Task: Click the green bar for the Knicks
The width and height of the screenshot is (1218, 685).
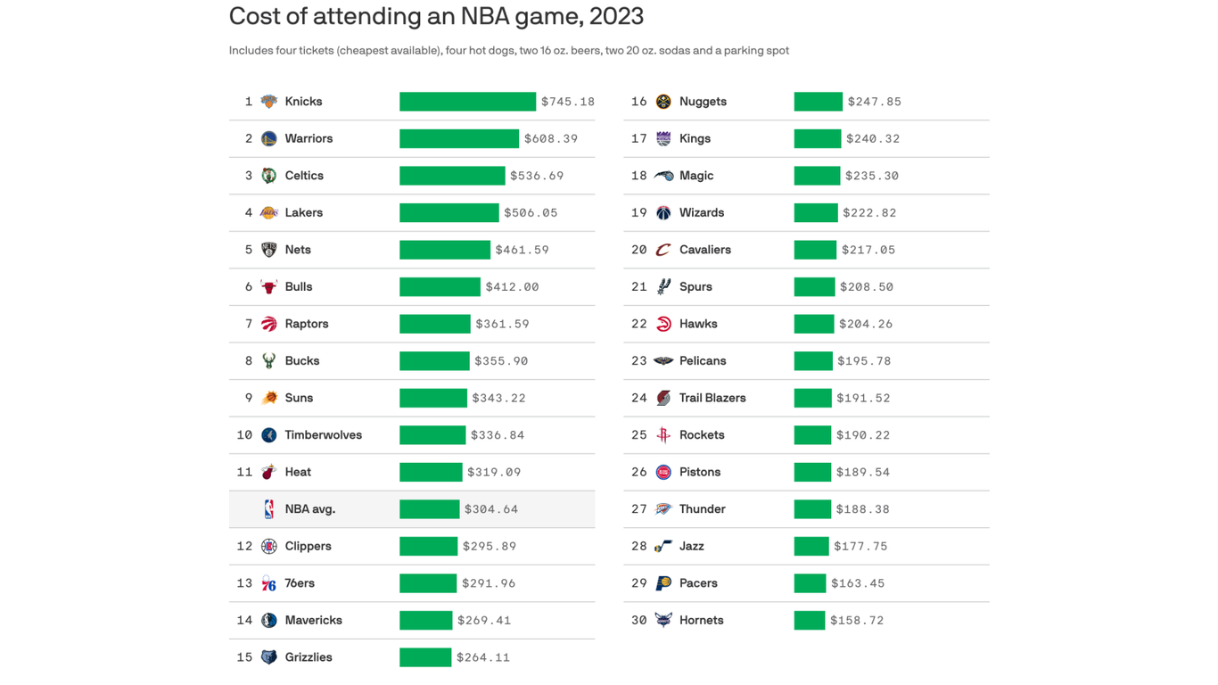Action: pyautogui.click(x=467, y=102)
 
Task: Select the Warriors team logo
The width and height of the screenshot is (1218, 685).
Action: pyautogui.click(x=268, y=139)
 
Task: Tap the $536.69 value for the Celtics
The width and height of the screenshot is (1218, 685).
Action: pyautogui.click(x=537, y=176)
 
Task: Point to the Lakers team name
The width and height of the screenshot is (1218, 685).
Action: pyautogui.click(x=303, y=213)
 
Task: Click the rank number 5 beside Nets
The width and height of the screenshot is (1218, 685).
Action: pyautogui.click(x=248, y=250)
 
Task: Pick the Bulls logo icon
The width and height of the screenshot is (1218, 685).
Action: pyautogui.click(x=268, y=287)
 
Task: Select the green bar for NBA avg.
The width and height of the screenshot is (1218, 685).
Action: pyautogui.click(x=429, y=509)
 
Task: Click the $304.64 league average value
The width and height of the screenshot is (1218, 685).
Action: pyautogui.click(x=491, y=509)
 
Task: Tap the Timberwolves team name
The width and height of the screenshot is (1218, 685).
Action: pyautogui.click(x=323, y=435)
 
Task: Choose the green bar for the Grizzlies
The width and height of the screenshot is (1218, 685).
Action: pyautogui.click(x=425, y=657)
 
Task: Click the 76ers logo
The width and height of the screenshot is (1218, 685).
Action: pyautogui.click(x=268, y=583)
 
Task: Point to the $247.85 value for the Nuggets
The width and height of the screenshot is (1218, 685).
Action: pyautogui.click(x=874, y=102)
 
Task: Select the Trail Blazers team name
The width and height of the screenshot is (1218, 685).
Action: pyautogui.click(x=712, y=398)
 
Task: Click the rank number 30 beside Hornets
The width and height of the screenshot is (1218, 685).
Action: pyautogui.click(x=638, y=620)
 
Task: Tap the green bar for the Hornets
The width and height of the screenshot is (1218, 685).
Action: pyautogui.click(x=809, y=620)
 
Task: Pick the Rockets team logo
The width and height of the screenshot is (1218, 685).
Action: pyautogui.click(x=662, y=435)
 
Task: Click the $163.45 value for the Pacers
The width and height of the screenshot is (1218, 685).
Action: pyautogui.click(x=858, y=583)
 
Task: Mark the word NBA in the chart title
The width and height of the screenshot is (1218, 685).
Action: pyautogui.click(x=488, y=16)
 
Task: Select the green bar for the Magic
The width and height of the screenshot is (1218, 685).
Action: pyautogui.click(x=817, y=176)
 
